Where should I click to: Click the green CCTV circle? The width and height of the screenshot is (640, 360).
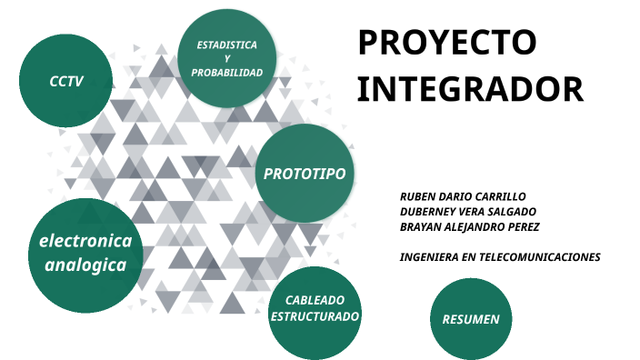[x=65, y=82]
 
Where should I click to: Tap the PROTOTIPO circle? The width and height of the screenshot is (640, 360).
[x=304, y=173]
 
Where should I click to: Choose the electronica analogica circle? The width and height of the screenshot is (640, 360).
[x=85, y=254]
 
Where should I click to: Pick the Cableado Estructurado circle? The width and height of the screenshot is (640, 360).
[x=315, y=308]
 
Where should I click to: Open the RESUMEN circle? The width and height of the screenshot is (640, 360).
[x=470, y=318]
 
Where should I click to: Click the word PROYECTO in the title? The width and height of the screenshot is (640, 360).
[x=446, y=43]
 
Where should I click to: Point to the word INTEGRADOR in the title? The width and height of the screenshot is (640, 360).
[x=469, y=89]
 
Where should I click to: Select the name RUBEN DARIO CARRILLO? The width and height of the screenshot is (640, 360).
[x=463, y=196]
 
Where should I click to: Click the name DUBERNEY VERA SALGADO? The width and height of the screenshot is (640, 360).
[x=467, y=212]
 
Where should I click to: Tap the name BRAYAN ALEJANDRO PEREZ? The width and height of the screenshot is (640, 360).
[x=470, y=227]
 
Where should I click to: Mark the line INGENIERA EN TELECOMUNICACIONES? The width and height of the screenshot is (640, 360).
[x=500, y=257]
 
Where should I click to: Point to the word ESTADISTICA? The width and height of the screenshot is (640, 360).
[x=227, y=45]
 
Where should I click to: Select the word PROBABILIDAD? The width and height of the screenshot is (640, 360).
[x=227, y=72]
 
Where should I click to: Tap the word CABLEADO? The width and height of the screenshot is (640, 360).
[x=315, y=300]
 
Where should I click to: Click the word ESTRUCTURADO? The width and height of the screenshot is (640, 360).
[x=315, y=316]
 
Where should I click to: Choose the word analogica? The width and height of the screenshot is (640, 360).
[x=85, y=265]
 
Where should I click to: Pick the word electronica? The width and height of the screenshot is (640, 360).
[x=85, y=241]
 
